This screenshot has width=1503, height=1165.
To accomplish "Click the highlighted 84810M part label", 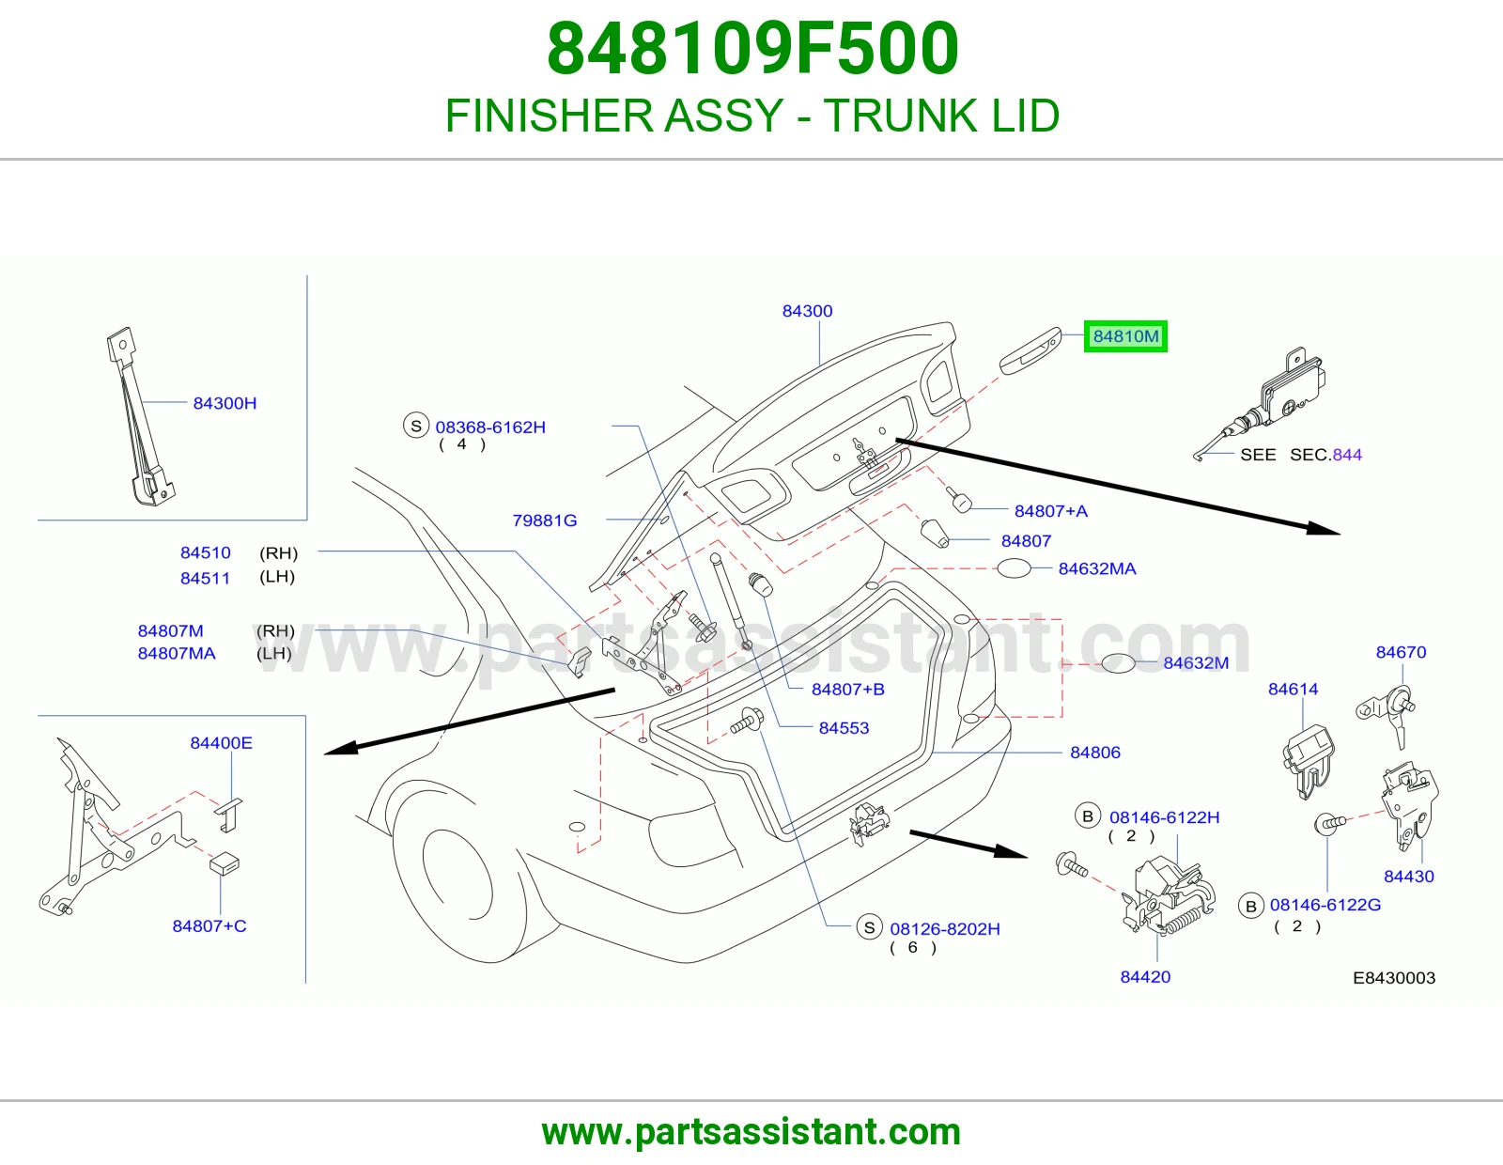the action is tap(1125, 336).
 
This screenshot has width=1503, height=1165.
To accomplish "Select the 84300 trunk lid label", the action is tap(807, 311).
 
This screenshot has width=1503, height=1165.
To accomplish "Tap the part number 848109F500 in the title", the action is tap(752, 49).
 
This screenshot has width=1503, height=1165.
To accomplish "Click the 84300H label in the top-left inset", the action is tap(225, 403).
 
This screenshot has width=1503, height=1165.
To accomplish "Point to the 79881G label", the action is tap(544, 520).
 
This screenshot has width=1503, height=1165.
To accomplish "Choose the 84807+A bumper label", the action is tap(1050, 511).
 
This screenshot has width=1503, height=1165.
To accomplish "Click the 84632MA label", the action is tap(1097, 568).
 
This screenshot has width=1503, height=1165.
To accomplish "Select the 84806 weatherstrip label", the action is tap(1095, 753).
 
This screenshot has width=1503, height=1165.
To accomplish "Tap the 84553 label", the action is tap(844, 728).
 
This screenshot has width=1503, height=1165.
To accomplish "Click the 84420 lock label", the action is tap(1145, 977).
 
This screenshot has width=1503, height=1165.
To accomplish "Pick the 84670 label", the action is tap(1401, 652).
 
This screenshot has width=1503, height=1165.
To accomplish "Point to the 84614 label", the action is tap(1293, 689).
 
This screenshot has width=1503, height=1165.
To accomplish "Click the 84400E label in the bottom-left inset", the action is tap(222, 743).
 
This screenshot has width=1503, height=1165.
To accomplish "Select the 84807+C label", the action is tap(209, 925).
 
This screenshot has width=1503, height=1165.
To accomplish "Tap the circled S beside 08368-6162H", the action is tap(416, 427).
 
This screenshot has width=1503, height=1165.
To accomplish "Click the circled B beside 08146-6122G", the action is tap(1250, 906).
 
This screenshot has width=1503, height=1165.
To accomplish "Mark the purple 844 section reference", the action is tap(1347, 455).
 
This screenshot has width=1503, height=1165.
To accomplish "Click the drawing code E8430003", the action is tap(1394, 977).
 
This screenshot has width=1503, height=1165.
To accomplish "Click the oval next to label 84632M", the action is tap(1118, 663).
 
